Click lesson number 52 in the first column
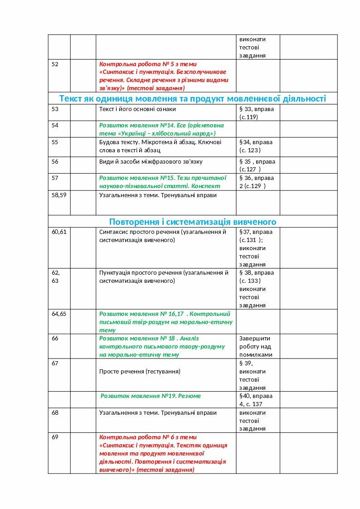[55, 64]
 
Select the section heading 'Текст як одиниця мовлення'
[193, 98]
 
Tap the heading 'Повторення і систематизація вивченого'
[193, 222]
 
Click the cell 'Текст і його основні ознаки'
[137, 109]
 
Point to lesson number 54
[55, 125]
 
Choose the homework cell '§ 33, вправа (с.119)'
[257, 113]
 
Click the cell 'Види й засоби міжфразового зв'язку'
[151, 162]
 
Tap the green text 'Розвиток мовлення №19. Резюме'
[151, 396]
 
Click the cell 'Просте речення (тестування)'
[140, 372]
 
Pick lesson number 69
[55, 437]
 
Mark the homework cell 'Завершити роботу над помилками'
[256, 347]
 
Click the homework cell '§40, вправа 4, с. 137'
[256, 400]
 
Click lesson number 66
[55, 339]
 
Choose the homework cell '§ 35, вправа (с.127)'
[257, 165]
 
